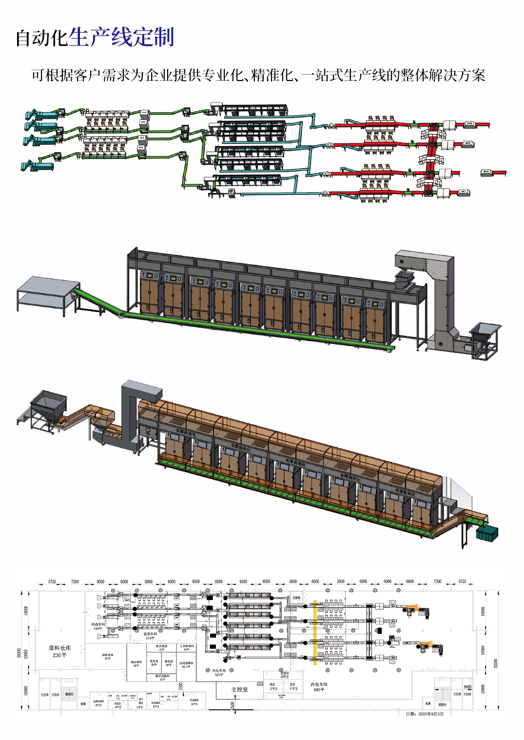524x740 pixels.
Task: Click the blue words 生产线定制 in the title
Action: pyautogui.click(x=121, y=38)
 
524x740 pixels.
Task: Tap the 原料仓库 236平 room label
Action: pyautogui.click(x=59, y=651)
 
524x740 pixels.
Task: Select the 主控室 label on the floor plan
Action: pyautogui.click(x=239, y=689)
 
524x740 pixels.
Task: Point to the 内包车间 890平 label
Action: pyautogui.click(x=319, y=687)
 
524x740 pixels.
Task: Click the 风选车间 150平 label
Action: pyautogui.click(x=98, y=626)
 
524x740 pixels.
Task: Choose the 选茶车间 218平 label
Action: pyautogui.click(x=150, y=636)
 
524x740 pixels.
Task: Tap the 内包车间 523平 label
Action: pyautogui.click(x=219, y=672)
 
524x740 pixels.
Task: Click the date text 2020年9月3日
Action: pyautogui.click(x=425, y=714)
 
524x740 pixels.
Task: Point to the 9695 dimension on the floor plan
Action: pyautogui.click(x=468, y=687)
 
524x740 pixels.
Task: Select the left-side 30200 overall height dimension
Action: pyautogui.click(x=19, y=653)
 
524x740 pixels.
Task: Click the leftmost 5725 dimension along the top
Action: pyautogui.click(x=52, y=582)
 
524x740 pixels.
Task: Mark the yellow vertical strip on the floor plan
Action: pyautogui.click(x=315, y=632)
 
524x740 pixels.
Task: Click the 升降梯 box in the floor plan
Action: pyautogui.click(x=296, y=598)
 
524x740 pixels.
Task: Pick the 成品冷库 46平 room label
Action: pyautogui.click(x=136, y=663)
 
